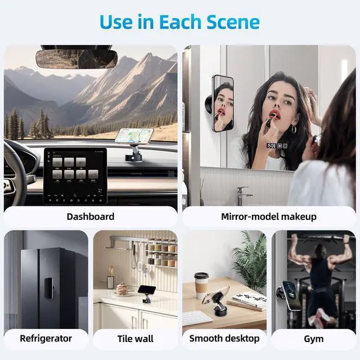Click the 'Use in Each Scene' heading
click(180, 21)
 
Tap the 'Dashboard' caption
click(90, 217)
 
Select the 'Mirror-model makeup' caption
click(269, 217)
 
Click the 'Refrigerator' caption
click(46, 338)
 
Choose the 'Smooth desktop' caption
click(224, 338)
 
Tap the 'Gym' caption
click(313, 338)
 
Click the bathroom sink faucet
click(243, 195)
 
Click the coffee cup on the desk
click(201, 285)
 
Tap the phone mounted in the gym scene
click(291, 295)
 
